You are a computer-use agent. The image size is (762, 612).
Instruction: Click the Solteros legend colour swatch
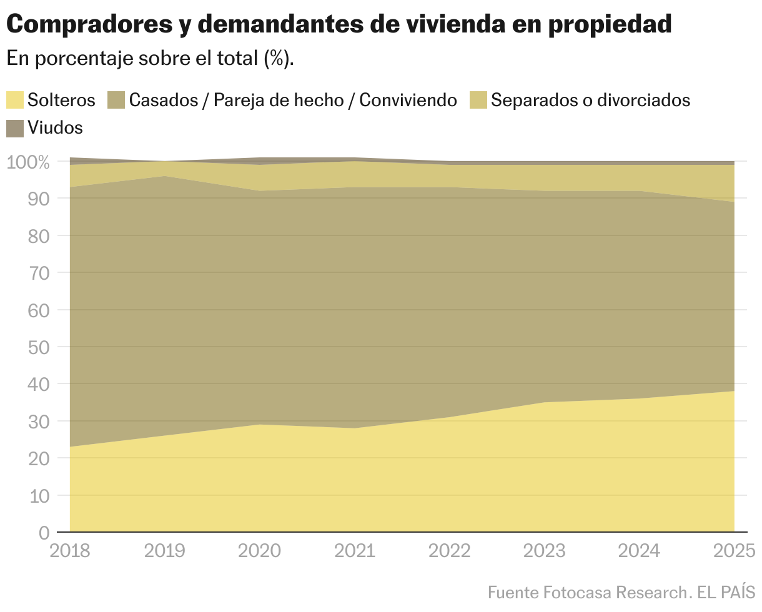click(15, 100)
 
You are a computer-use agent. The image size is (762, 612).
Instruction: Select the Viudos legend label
click(55, 128)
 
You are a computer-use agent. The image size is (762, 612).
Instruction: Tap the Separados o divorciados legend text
click(590, 100)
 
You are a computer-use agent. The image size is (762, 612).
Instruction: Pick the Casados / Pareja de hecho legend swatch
click(117, 100)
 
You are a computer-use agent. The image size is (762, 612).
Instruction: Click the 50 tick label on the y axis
click(39, 347)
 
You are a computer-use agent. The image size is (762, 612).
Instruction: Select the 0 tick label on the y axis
click(44, 533)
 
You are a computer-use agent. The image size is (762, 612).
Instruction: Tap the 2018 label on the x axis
click(70, 551)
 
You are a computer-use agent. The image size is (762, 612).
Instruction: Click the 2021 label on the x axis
click(355, 551)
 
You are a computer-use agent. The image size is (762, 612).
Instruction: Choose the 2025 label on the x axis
click(735, 551)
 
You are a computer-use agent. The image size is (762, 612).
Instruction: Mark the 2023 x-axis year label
click(545, 551)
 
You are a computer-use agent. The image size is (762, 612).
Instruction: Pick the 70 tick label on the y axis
click(39, 273)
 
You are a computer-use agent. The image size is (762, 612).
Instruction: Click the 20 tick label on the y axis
click(39, 458)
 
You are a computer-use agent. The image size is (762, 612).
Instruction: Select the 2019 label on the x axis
click(165, 551)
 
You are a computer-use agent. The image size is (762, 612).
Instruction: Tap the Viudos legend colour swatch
click(15, 128)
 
